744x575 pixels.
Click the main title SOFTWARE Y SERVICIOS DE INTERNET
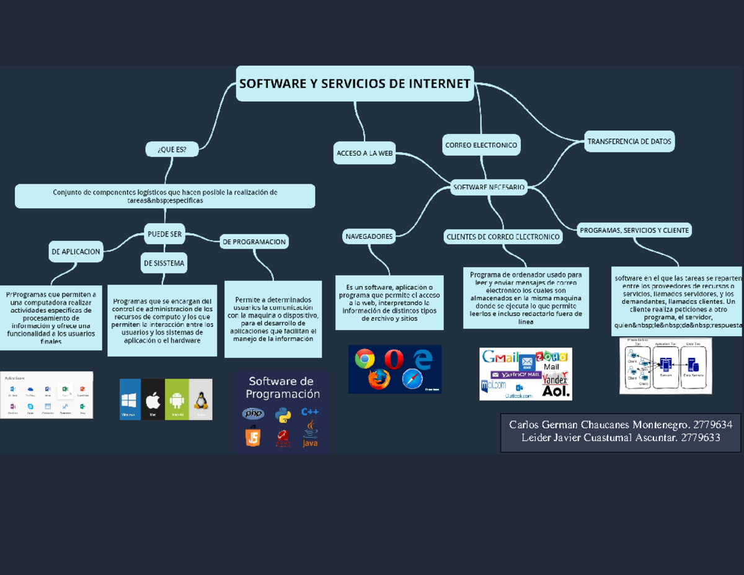coord(355,83)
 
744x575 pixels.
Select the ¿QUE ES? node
coord(172,149)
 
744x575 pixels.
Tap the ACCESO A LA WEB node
coord(365,153)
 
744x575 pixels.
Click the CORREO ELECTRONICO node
coord(480,145)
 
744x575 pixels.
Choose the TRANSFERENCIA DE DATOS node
coord(629,141)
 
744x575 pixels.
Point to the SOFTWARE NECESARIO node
coord(489,187)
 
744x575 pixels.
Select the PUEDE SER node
coord(164,234)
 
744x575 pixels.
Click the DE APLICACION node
coord(76,252)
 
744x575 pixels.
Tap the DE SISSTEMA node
coord(164,263)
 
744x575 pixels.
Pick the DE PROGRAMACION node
coord(254,242)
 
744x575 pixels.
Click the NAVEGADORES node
coord(370,236)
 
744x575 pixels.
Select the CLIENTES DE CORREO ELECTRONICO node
coord(503,236)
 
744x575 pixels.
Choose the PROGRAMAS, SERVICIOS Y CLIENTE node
coord(634,230)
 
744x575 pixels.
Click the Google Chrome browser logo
coord(365,359)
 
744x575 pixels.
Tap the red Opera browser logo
coord(394,359)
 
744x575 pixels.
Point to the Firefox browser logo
coord(379,380)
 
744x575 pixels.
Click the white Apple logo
coord(153,400)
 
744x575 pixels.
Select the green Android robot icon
coord(177,400)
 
